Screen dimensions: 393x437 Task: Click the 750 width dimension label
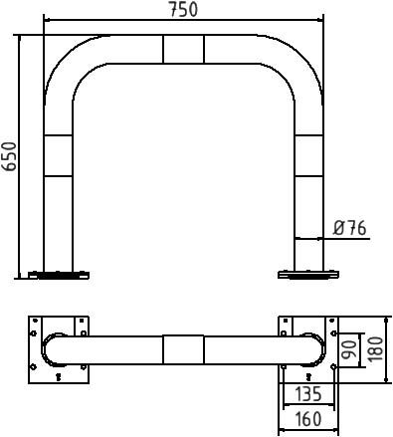click(x=183, y=9)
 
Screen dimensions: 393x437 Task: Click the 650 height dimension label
click(x=9, y=156)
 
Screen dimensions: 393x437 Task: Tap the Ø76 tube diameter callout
click(x=350, y=228)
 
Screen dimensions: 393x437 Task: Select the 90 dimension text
click(x=349, y=349)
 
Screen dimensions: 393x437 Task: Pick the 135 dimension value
click(x=308, y=394)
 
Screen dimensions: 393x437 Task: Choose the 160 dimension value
click(x=308, y=419)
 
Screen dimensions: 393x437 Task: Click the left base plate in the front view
click(x=59, y=275)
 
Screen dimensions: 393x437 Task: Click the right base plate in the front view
click(x=308, y=275)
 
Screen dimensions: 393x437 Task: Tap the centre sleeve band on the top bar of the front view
click(x=183, y=49)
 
